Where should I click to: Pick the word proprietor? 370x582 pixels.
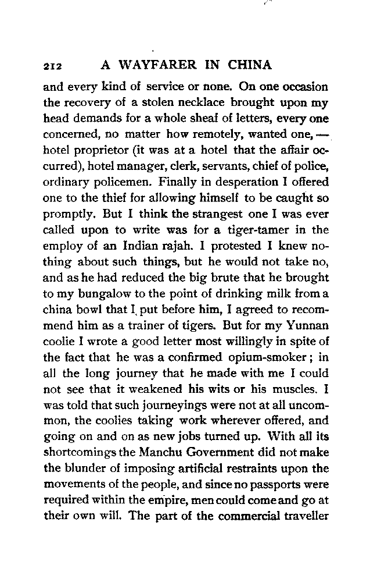coord(109,151)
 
